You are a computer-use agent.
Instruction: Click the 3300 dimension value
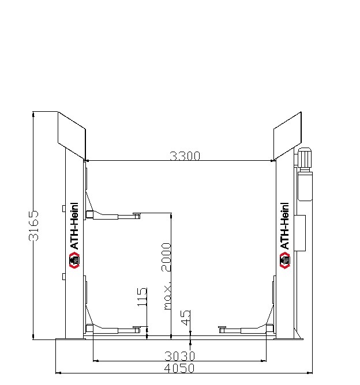[185, 156]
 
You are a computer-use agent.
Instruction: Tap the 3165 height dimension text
[33, 225]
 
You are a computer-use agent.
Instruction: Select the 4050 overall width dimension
[179, 368]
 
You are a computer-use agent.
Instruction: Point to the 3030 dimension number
[179, 356]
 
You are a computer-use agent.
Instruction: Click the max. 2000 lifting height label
[166, 276]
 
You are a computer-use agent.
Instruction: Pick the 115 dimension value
[142, 297]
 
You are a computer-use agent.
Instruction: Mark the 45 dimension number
[186, 318]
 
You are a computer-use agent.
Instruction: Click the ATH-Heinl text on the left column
[74, 226]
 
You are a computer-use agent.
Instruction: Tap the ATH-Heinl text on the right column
[284, 226]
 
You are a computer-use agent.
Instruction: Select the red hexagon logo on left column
[74, 260]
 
